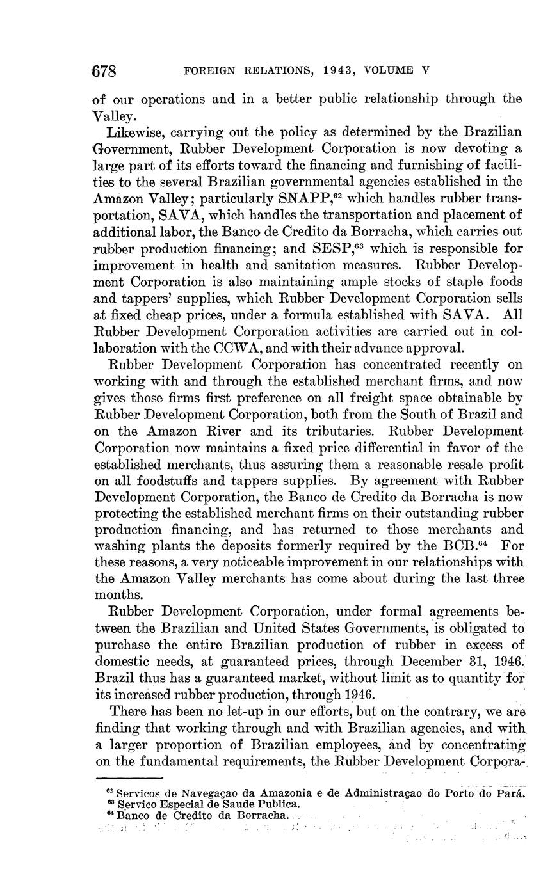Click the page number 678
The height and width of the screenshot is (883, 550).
pyautogui.click(x=104, y=70)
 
